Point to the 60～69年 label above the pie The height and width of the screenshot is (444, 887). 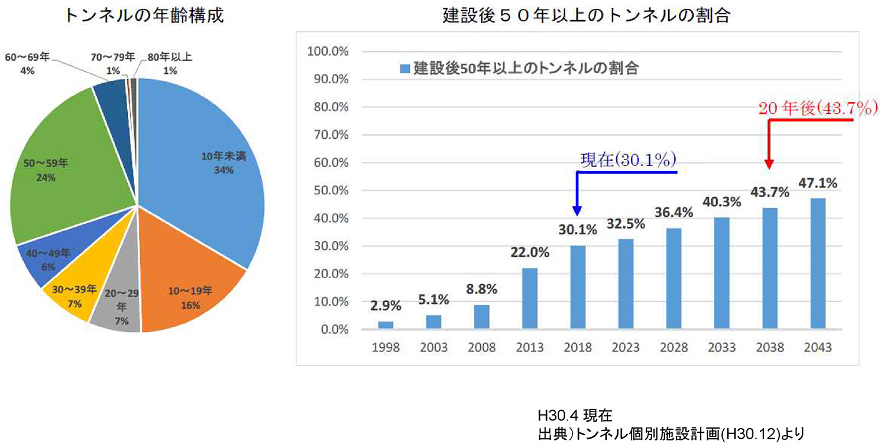point(27,63)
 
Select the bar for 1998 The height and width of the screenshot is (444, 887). point(385,325)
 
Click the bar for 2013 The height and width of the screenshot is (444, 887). point(529,298)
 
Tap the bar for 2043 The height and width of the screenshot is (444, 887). point(818,263)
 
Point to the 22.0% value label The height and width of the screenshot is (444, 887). point(529,253)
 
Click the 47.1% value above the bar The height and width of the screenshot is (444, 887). point(818,183)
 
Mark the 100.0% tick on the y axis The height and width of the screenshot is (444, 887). point(328,51)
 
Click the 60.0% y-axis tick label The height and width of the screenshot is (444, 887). point(329,162)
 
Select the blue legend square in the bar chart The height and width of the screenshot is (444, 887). point(404,68)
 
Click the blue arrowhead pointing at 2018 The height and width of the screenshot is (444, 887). point(577,211)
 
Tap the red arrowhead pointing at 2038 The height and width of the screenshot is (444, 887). point(769,166)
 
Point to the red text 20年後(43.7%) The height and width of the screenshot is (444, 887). point(815,108)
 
